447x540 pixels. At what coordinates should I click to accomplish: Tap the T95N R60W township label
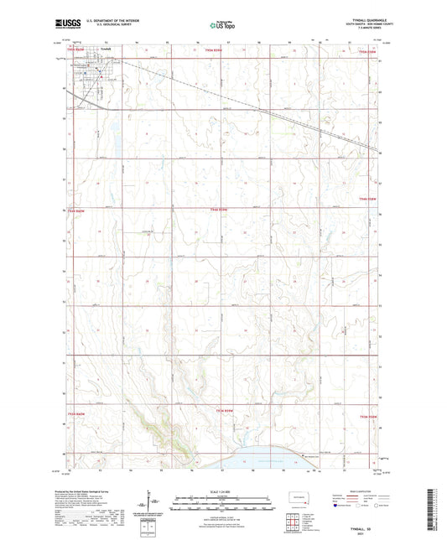click(x=76, y=59)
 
